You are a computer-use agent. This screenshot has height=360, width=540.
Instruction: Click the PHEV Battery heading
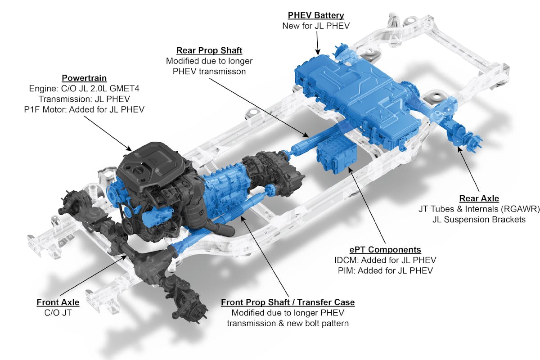(316, 15)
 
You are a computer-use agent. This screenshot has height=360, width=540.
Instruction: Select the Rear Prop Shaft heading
(209, 50)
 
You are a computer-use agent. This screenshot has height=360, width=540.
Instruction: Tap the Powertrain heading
(84, 78)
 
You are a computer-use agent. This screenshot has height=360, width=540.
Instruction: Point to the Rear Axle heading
(479, 198)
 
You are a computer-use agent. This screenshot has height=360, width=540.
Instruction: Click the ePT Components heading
(385, 250)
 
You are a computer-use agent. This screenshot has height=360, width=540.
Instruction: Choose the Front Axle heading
(58, 302)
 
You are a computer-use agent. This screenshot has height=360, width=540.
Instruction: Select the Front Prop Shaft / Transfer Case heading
(288, 302)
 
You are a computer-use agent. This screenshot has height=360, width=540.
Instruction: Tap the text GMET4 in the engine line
(124, 89)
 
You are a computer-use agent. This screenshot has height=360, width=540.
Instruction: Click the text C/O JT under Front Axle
(58, 313)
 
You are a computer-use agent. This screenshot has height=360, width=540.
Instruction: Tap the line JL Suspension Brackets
(479, 220)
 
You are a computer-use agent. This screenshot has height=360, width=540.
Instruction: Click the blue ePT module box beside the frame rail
(336, 157)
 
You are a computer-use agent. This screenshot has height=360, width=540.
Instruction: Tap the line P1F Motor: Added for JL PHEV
(84, 110)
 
